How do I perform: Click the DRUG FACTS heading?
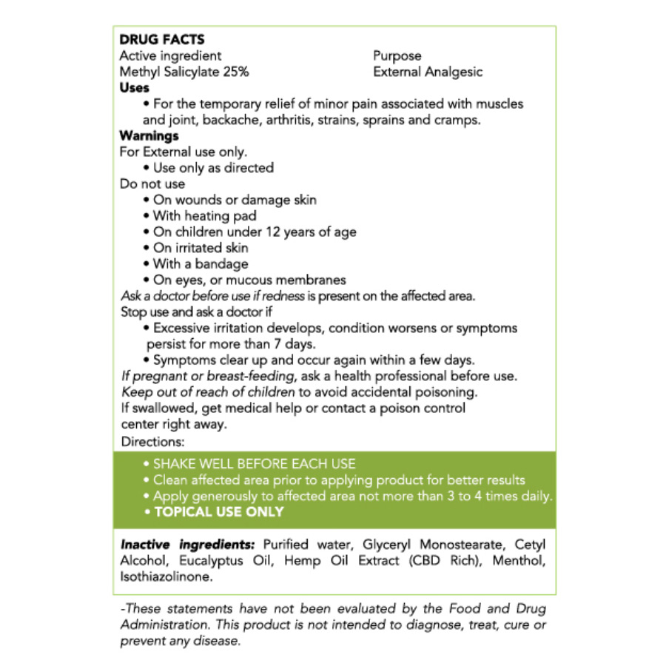click(x=162, y=40)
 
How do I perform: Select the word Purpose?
click(x=397, y=56)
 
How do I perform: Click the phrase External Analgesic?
click(x=428, y=72)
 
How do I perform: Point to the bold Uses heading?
click(x=135, y=88)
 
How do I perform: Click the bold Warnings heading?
click(x=149, y=136)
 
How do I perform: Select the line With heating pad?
click(x=204, y=216)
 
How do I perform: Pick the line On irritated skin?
click(x=200, y=248)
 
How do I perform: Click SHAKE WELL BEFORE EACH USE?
click(x=254, y=464)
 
